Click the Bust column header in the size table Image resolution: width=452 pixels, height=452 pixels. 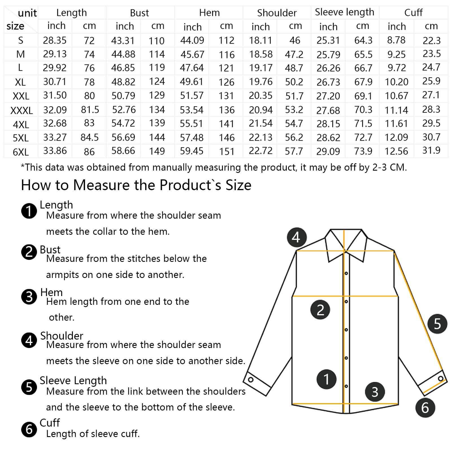tap(139, 13)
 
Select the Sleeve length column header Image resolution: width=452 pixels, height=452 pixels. tap(344, 12)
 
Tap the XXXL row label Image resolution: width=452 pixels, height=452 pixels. tap(21, 110)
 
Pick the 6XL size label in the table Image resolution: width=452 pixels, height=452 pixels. tap(21, 152)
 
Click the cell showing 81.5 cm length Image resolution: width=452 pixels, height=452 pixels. tap(90, 110)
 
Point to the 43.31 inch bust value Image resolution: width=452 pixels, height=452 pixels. tap(123, 40)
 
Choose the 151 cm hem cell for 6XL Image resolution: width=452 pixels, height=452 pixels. tap(227, 152)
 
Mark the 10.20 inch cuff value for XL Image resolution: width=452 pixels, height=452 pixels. tap(396, 82)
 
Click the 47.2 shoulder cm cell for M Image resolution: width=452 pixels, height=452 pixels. tap(294, 54)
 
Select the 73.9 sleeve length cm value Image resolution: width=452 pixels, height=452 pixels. tap(363, 151)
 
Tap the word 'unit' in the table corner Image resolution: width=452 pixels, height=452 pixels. tap(27, 13)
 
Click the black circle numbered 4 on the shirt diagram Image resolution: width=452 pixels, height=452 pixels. tap(296, 237)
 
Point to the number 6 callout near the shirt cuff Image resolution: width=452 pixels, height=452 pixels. tap(425, 408)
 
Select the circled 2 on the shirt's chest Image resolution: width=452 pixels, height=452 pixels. tap(320, 310)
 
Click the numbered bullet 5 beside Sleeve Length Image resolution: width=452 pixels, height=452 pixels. tap(29, 387)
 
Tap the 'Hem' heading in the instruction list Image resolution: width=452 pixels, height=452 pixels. tap(51, 292)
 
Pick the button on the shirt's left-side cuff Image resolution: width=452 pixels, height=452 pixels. tap(251, 380)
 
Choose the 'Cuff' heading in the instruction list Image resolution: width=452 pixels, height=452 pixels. tap(50, 423)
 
